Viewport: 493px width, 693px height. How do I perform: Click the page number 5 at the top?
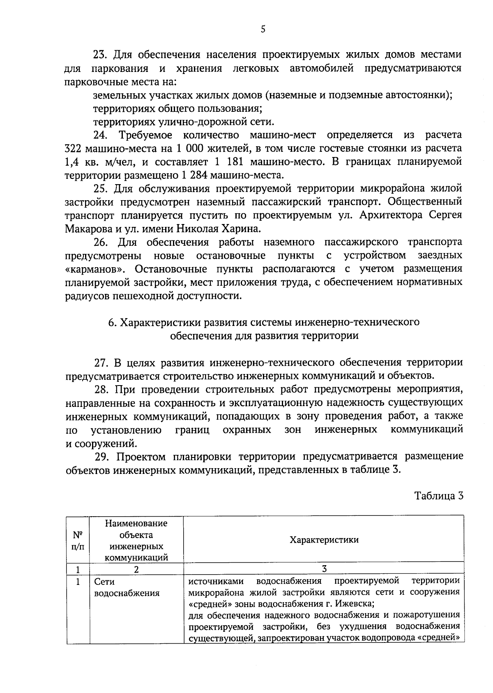[x=263, y=29]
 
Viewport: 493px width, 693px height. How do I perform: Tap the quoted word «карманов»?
[x=96, y=269]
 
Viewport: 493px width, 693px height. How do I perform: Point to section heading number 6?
[x=111, y=322]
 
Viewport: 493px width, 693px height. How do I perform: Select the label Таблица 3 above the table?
[x=439, y=495]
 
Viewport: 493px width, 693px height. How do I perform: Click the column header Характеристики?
[x=324, y=540]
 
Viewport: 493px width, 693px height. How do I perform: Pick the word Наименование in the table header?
[x=136, y=523]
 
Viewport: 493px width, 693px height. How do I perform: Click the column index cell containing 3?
[x=324, y=569]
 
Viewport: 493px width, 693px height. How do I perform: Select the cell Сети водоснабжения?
[x=127, y=587]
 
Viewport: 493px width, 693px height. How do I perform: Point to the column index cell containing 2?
[x=136, y=569]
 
